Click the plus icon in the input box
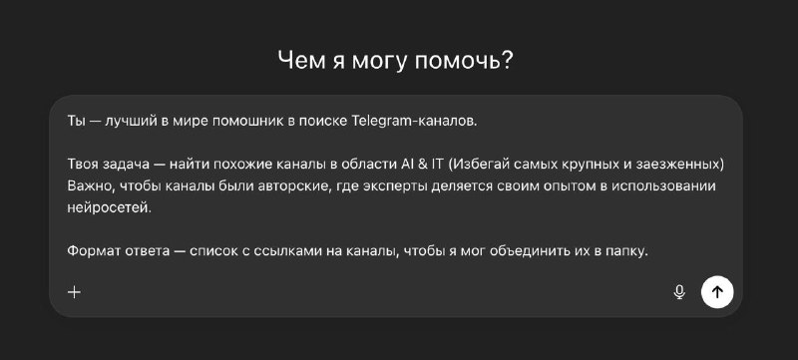[74, 292]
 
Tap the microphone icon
[679, 292]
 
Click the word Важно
[91, 186]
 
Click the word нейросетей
[109, 207]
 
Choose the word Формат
[96, 250]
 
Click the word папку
[625, 250]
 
